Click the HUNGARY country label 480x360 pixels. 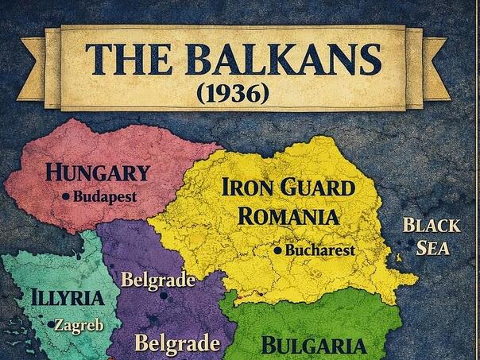coord(98,172)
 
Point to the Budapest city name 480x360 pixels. coord(105,195)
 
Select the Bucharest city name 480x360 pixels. coord(319,250)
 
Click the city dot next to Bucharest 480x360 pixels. coord(277,250)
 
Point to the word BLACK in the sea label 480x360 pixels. coord(431,225)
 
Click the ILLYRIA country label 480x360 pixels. coord(68,299)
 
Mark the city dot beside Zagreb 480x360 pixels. coord(52,324)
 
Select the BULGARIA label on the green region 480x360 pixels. coord(314,346)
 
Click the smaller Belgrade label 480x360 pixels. coord(158,280)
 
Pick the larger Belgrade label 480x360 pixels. coord(176,343)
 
